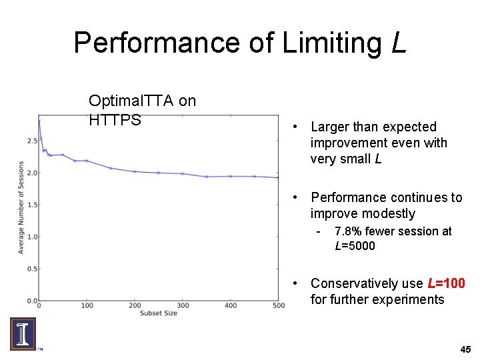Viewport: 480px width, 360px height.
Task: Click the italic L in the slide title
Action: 398,43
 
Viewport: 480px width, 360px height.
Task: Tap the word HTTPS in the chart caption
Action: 115,120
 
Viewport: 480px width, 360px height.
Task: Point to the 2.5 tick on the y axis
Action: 31,141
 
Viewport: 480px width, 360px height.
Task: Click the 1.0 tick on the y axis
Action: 31,237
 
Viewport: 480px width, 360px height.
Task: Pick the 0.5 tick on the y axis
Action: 31,269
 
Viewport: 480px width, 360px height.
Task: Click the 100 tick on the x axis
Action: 87,306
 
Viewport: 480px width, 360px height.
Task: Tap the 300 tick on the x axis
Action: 183,306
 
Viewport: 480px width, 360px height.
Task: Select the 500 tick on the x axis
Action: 278,306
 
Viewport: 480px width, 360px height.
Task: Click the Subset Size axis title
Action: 158,313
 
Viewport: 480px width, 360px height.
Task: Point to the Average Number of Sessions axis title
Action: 21,207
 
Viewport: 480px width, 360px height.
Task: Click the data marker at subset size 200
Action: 135,171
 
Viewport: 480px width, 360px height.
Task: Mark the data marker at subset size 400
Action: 231,176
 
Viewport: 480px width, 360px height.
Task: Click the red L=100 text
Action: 445,283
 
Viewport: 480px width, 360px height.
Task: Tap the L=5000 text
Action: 355,246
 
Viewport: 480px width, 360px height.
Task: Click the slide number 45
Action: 465,349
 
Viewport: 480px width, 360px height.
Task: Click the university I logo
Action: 23,333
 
